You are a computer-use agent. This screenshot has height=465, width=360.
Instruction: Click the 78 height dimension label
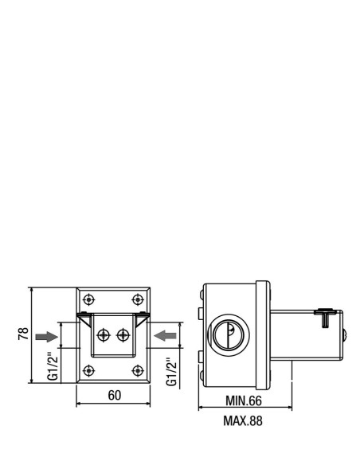[x=23, y=333]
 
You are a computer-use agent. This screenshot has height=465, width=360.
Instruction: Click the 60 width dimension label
[x=115, y=395]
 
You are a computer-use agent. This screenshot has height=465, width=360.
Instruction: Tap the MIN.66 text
[x=244, y=401]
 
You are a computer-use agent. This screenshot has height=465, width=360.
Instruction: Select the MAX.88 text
[x=243, y=421]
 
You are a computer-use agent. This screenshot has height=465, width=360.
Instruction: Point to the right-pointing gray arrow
[x=46, y=337]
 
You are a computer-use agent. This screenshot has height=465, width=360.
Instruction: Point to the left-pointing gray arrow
[x=165, y=336]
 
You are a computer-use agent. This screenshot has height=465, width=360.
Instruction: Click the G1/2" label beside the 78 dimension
[x=53, y=366]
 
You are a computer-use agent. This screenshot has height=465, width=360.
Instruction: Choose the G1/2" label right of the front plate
[x=172, y=372]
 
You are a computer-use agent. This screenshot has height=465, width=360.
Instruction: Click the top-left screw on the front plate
[x=88, y=299]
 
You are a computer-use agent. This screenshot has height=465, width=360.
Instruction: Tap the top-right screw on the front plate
[x=137, y=299]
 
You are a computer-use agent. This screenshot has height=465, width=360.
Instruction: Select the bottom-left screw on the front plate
[x=88, y=371]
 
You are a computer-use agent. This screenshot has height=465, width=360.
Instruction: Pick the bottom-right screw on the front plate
[x=137, y=371]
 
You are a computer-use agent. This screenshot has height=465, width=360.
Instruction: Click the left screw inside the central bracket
[x=104, y=335]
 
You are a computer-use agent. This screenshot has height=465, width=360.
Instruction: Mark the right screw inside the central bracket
[x=123, y=335]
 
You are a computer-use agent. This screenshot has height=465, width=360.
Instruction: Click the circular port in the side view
[x=228, y=334]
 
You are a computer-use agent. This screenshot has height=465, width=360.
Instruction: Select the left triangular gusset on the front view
[x=84, y=320]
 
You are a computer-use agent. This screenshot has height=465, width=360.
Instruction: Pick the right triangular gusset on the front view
[x=141, y=320]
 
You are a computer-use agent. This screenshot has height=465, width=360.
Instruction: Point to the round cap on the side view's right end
[x=345, y=335]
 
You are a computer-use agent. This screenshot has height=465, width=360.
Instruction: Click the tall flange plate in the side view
[x=263, y=335]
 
